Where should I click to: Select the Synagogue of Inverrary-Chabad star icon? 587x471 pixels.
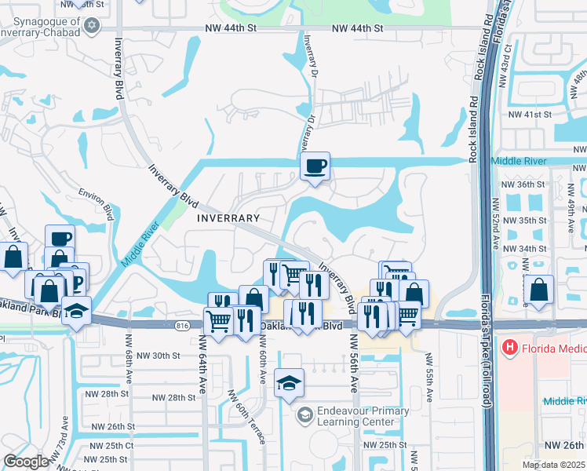pyautogui.click(x=92, y=26)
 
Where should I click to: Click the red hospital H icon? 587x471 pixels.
pyautogui.click(x=509, y=346)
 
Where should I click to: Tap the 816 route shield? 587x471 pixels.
pyautogui.click(x=183, y=324)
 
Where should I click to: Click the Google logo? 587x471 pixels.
pyautogui.click(x=26, y=462)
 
